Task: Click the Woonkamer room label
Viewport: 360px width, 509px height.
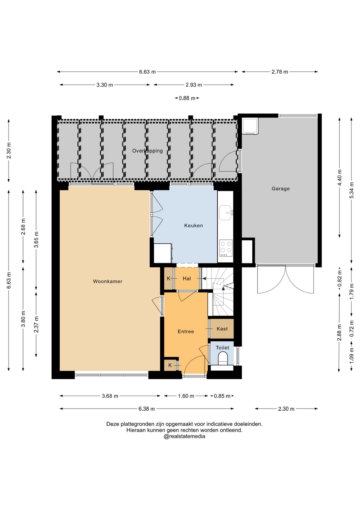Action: tap(108, 281)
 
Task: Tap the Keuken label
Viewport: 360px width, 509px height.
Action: tap(194, 226)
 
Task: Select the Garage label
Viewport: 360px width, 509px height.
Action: tap(280, 189)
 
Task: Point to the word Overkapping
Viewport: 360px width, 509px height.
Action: tap(147, 151)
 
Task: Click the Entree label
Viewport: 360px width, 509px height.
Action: tap(186, 331)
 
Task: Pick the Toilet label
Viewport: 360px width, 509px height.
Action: tap(222, 348)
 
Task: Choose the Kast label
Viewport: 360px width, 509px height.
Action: tap(222, 329)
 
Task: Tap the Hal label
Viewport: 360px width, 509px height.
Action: tap(187, 278)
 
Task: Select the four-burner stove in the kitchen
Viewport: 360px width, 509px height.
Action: tap(226, 248)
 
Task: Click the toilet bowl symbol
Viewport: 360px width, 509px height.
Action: tap(223, 359)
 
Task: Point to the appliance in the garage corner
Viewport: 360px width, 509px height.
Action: tap(250, 126)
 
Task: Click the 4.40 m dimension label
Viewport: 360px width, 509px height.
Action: tap(340, 178)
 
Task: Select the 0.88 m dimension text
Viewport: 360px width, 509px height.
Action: tap(187, 98)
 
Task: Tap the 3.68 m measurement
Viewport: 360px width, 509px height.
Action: tap(110, 396)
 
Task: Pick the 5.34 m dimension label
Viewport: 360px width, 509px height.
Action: tap(352, 190)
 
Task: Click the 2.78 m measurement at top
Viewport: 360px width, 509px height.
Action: tap(280, 72)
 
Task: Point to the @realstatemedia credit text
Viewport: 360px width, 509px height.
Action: tap(184, 436)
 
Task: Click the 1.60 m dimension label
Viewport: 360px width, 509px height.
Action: tap(186, 396)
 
